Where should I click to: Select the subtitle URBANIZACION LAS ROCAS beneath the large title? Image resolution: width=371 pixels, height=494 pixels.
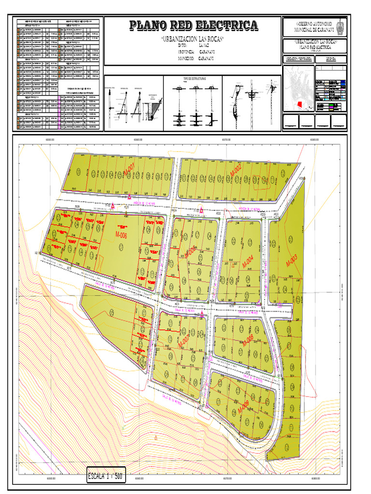[x=192, y=39]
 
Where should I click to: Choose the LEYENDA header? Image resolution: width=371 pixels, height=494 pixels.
[x=331, y=59]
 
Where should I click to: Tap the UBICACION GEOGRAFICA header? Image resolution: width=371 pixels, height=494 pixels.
[x=299, y=59]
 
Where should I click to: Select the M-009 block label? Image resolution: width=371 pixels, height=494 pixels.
[x=243, y=407]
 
